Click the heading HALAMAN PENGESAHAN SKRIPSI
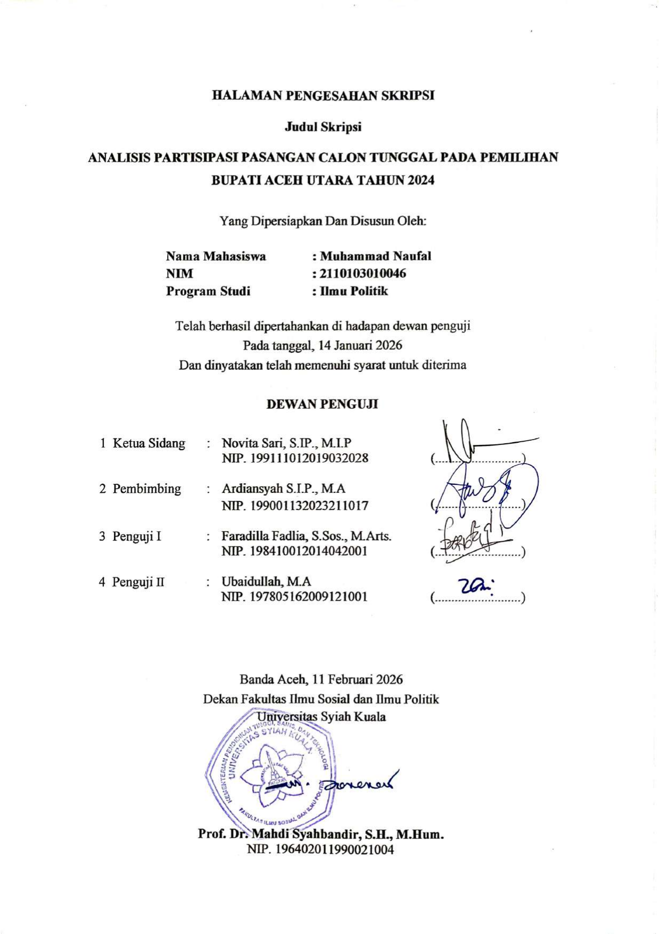point(323,96)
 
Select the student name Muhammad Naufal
point(375,256)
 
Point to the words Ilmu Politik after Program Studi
point(353,291)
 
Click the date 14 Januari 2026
point(360,345)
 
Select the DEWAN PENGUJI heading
point(322,404)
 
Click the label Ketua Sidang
point(148,443)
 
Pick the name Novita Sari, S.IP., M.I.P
point(286,443)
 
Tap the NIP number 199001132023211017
point(309,506)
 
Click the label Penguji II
point(138,582)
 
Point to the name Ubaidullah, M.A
point(266,582)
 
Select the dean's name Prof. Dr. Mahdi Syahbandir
point(320,833)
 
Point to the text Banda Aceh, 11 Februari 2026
point(321,680)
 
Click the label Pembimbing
point(146,489)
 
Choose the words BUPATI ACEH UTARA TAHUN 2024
point(323,180)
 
